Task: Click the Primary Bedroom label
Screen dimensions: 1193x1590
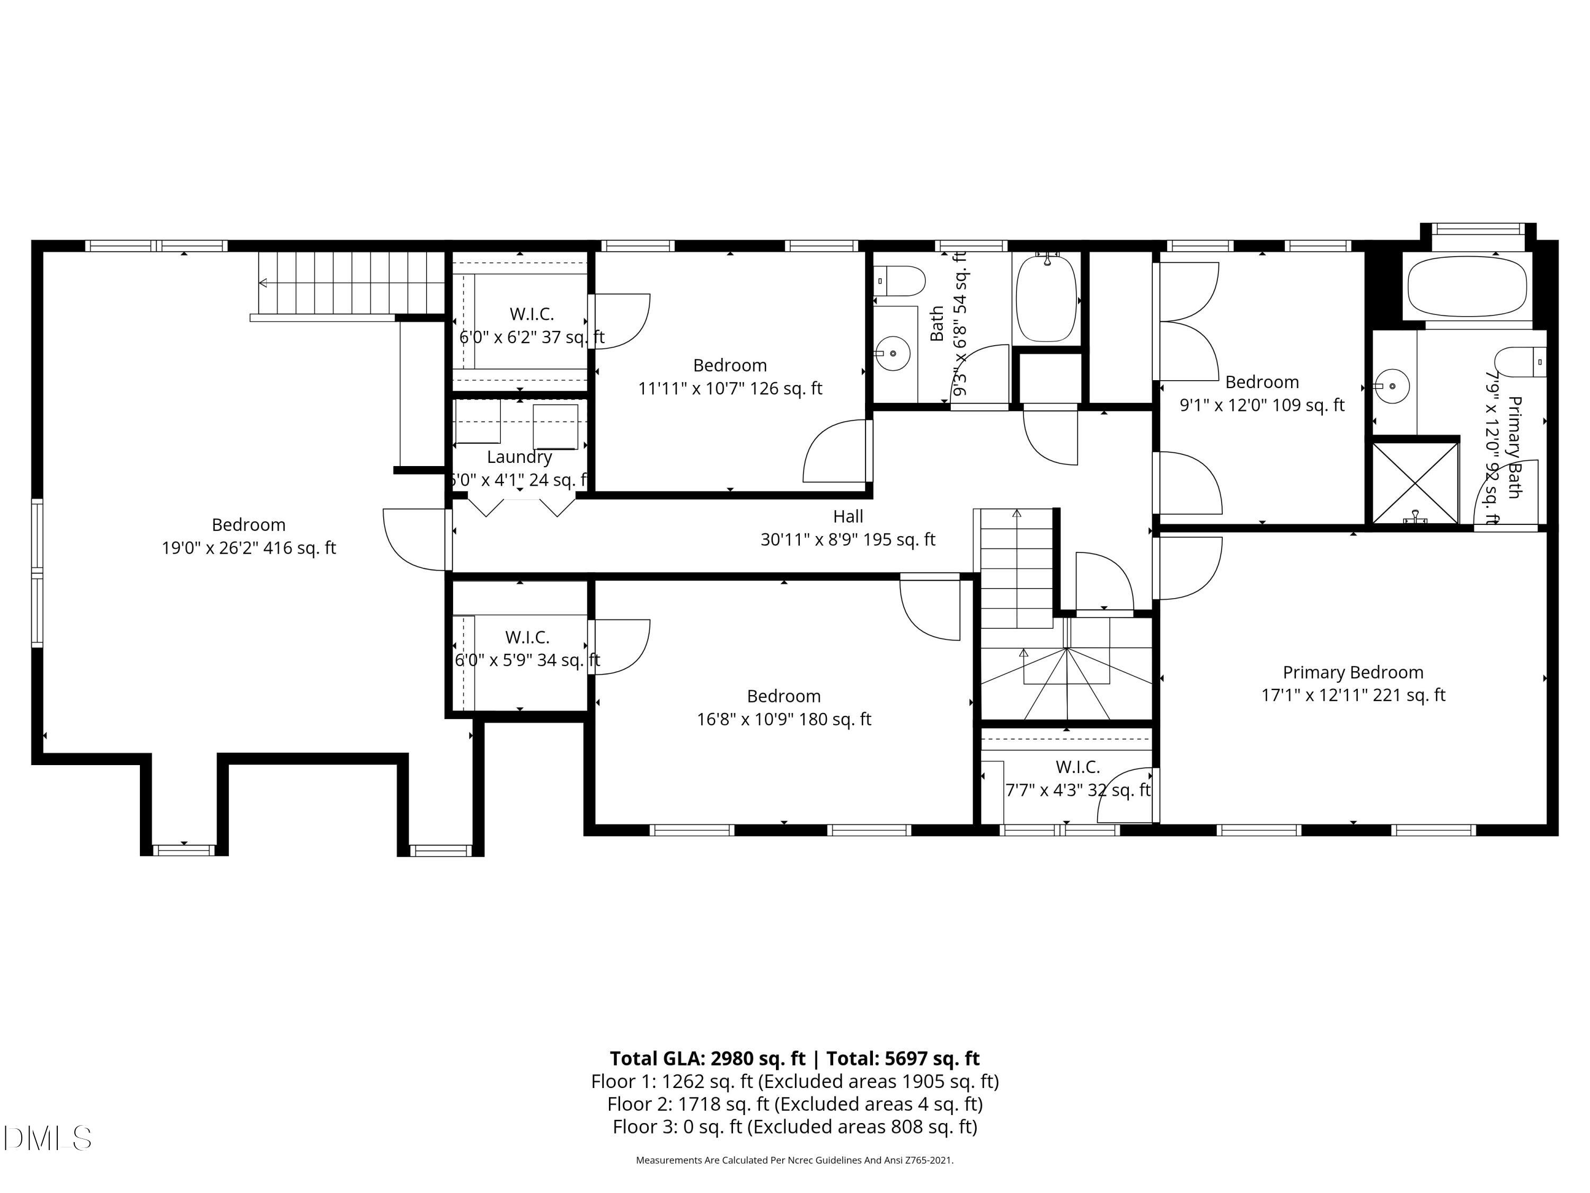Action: [1353, 672]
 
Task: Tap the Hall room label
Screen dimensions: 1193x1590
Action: [848, 516]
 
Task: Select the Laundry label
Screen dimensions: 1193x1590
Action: [519, 457]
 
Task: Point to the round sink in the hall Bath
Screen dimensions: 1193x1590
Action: [892, 353]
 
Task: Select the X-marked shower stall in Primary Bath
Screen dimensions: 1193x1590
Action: [1415, 483]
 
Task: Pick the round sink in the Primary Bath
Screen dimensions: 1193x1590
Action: [1392, 386]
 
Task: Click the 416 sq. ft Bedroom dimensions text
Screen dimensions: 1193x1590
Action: [249, 548]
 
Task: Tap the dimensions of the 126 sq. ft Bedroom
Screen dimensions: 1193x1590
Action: [730, 388]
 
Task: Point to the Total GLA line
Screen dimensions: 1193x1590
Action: [794, 1058]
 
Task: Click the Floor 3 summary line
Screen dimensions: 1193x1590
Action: [794, 1127]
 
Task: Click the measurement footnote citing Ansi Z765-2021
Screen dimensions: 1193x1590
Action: [794, 1160]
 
